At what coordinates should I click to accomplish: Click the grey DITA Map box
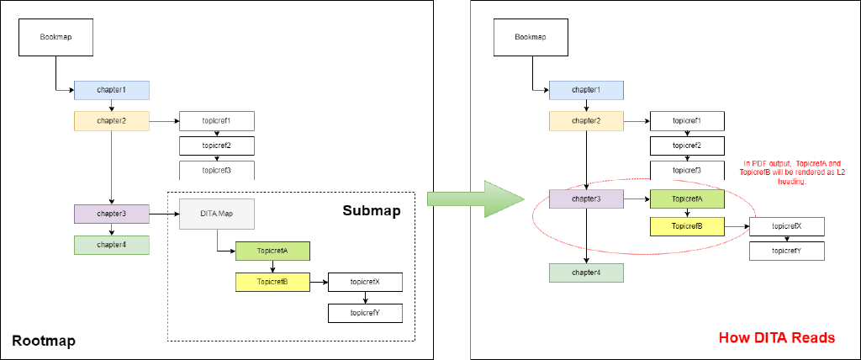tap(216, 214)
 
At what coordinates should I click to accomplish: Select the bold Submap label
tap(370, 209)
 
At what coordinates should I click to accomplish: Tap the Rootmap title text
tap(43, 340)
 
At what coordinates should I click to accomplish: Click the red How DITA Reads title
tap(776, 338)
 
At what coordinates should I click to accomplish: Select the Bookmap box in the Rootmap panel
tap(56, 37)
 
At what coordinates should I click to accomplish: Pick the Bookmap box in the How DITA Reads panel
tap(531, 37)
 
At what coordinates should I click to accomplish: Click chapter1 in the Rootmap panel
tap(111, 90)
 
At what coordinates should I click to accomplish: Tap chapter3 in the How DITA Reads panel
tap(586, 199)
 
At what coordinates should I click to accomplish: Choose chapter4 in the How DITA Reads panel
tap(586, 273)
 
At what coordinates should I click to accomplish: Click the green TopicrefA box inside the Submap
tap(272, 251)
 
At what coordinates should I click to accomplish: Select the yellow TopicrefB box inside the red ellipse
tap(688, 225)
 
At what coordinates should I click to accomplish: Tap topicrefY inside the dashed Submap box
tap(366, 313)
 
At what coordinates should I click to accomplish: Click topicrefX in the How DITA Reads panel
tap(786, 225)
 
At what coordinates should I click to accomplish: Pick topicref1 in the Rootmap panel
tap(216, 121)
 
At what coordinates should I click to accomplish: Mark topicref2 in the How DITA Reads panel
tap(688, 146)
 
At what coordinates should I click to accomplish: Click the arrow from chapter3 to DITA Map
tap(164, 214)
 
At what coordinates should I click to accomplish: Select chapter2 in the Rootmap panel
tap(111, 121)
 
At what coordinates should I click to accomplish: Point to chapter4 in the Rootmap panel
tap(111, 245)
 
